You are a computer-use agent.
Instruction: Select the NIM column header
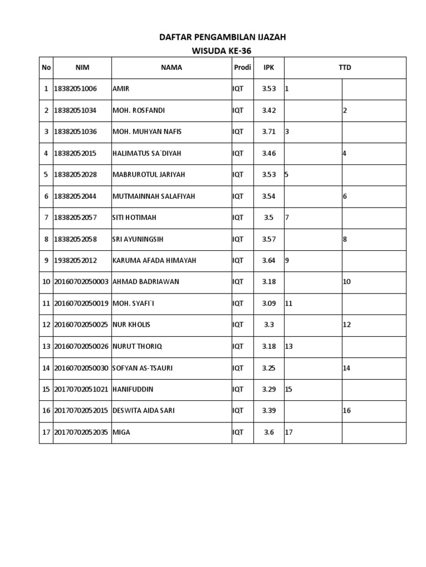(82, 68)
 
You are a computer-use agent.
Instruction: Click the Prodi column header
(241, 68)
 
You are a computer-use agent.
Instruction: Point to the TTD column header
(345, 68)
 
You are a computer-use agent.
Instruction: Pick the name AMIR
(120, 89)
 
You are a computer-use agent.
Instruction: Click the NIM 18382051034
(75, 110)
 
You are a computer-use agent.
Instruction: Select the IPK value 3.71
(269, 132)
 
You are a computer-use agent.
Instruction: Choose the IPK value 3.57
(269, 239)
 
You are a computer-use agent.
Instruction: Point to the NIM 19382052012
(75, 260)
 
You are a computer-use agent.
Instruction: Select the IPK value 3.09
(269, 303)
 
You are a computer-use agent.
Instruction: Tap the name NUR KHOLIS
(131, 324)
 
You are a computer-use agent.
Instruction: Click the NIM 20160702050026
(81, 346)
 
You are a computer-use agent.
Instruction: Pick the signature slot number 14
(347, 368)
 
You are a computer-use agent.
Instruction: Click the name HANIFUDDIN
(133, 389)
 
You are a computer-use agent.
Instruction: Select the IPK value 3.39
(269, 411)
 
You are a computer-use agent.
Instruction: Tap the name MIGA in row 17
(121, 432)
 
